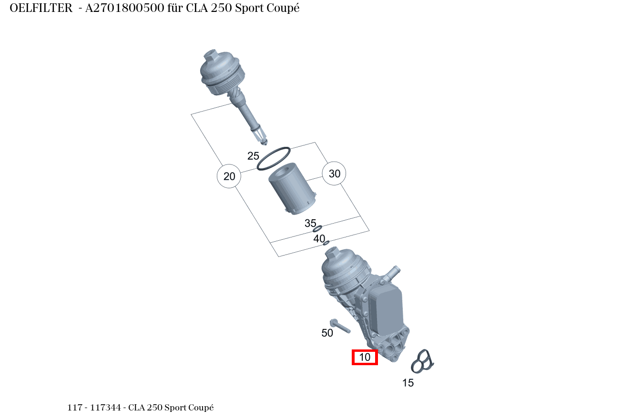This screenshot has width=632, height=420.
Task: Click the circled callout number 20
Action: pos(229,176)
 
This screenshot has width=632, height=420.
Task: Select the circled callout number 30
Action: pos(335,174)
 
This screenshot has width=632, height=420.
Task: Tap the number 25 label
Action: pos(253,156)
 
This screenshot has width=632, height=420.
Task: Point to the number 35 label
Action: pos(310,223)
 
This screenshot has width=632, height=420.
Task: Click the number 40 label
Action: pos(319,238)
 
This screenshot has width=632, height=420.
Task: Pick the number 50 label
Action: pos(327,333)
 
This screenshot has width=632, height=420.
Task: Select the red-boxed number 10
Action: pos(365,357)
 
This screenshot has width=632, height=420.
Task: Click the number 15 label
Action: pos(408,383)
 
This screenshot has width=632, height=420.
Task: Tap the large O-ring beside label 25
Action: pos(274,158)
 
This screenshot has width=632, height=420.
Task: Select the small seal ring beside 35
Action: pos(317,229)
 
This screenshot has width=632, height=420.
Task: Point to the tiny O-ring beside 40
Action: pos(326,243)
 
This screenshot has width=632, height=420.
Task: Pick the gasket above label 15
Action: pos(422,361)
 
